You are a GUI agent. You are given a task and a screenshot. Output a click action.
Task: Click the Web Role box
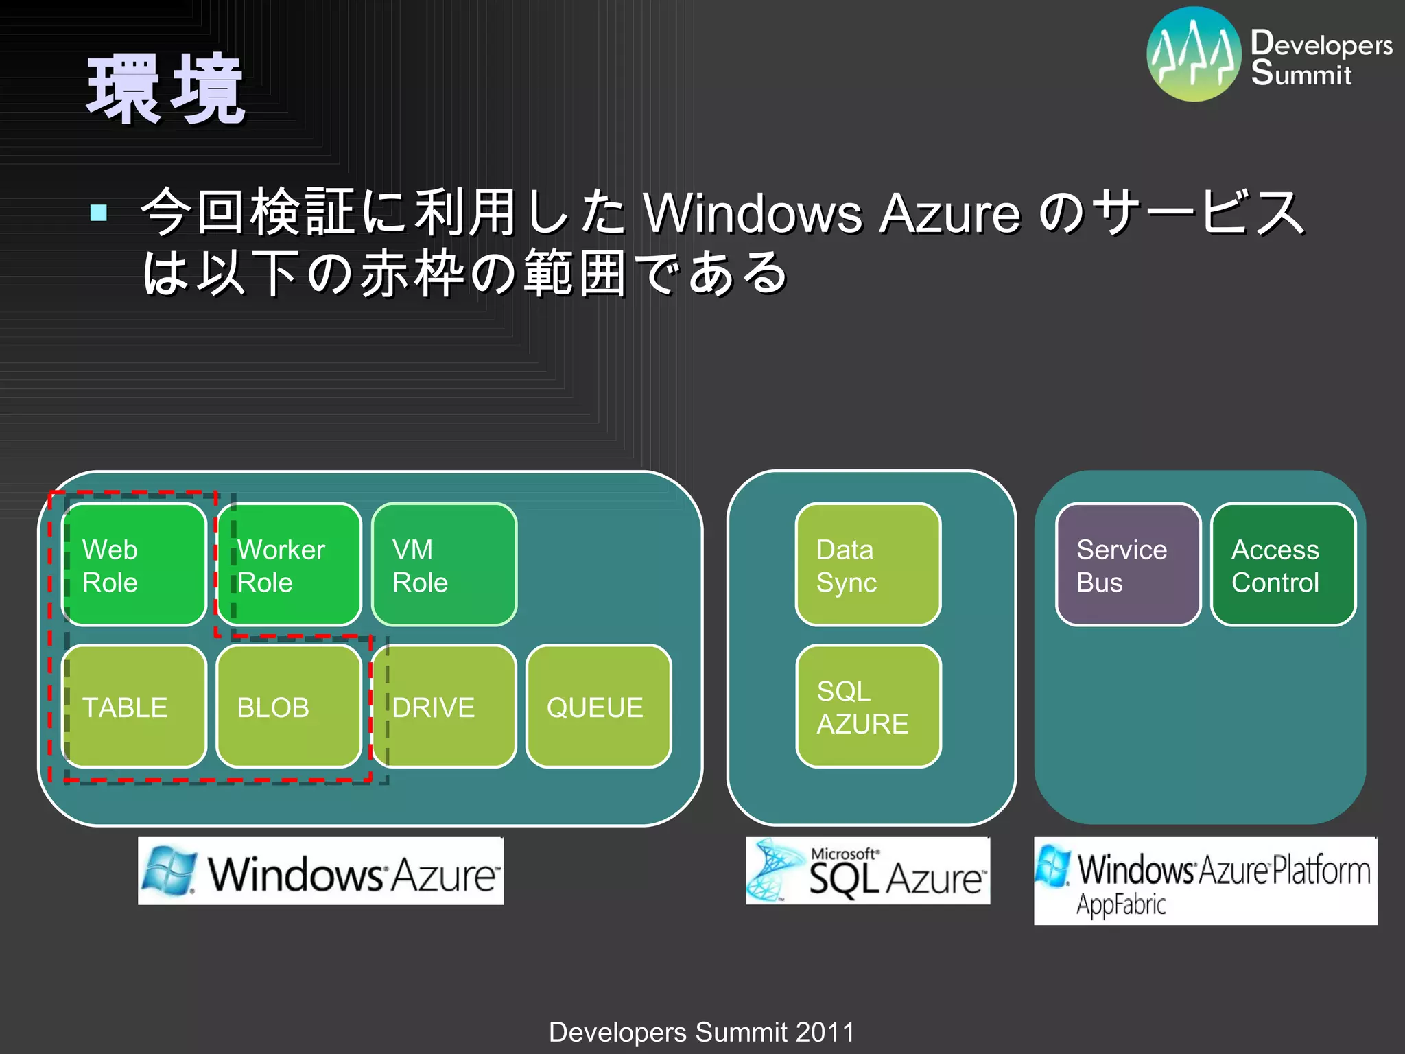coord(134,565)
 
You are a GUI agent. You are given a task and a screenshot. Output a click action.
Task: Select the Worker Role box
coord(289,565)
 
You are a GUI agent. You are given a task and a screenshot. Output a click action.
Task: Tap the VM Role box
coord(444,565)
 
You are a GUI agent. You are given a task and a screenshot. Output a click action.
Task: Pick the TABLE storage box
coord(134,706)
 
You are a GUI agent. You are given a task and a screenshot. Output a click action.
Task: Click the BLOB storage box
coord(289,706)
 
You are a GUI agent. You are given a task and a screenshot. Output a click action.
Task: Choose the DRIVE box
coord(444,706)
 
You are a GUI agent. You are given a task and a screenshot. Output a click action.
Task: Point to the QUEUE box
coord(598,706)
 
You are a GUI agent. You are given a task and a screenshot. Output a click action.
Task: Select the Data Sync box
coord(868,565)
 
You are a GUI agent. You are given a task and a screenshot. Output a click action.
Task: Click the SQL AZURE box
coord(868,706)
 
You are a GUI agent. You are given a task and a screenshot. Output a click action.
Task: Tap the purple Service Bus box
coord(1128,565)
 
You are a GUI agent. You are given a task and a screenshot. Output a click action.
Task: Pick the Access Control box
coord(1283,565)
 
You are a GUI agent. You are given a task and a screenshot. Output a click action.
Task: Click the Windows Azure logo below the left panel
coord(320,871)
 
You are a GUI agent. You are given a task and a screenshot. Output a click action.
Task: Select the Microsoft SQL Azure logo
coord(868,871)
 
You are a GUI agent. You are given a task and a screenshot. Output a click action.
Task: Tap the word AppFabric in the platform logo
coord(1120,904)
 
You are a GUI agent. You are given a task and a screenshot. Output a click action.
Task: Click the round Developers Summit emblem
coord(1194,54)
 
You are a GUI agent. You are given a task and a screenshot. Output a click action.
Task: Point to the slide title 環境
coord(165,90)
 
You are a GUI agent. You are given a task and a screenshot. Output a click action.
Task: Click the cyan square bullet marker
coord(99,212)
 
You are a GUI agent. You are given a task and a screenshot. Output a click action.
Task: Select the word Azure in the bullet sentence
coord(949,213)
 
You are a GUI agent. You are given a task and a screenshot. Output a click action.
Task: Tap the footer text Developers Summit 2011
coord(702,1032)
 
